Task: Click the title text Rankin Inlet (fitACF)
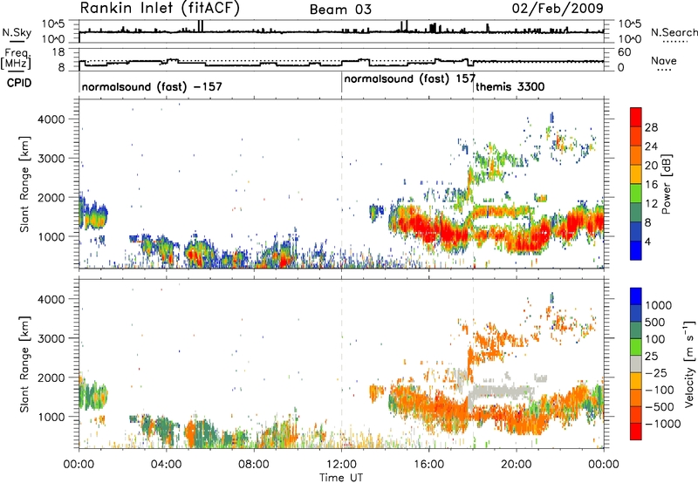pyautogui.click(x=160, y=9)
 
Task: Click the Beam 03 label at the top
pyautogui.click(x=340, y=10)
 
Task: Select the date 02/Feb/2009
pyautogui.click(x=558, y=9)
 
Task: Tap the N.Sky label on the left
pyautogui.click(x=17, y=32)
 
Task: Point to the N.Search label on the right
pyautogui.click(x=674, y=32)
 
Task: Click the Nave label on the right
pyautogui.click(x=664, y=61)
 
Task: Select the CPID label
pyautogui.click(x=19, y=83)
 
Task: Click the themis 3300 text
pyautogui.click(x=510, y=86)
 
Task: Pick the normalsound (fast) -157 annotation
pyautogui.click(x=152, y=86)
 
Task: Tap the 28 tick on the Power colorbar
pyautogui.click(x=651, y=127)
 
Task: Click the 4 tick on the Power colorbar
pyautogui.click(x=648, y=242)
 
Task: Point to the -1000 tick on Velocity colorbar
pyautogui.click(x=663, y=424)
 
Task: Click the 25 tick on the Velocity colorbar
pyautogui.click(x=652, y=357)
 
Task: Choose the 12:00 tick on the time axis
pyautogui.click(x=341, y=465)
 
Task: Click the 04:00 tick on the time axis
pyautogui.click(x=167, y=465)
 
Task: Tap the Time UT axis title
pyautogui.click(x=341, y=478)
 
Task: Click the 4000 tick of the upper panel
pyautogui.click(x=51, y=119)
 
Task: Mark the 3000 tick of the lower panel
pyautogui.click(x=51, y=338)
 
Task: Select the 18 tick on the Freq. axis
pyautogui.click(x=58, y=52)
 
